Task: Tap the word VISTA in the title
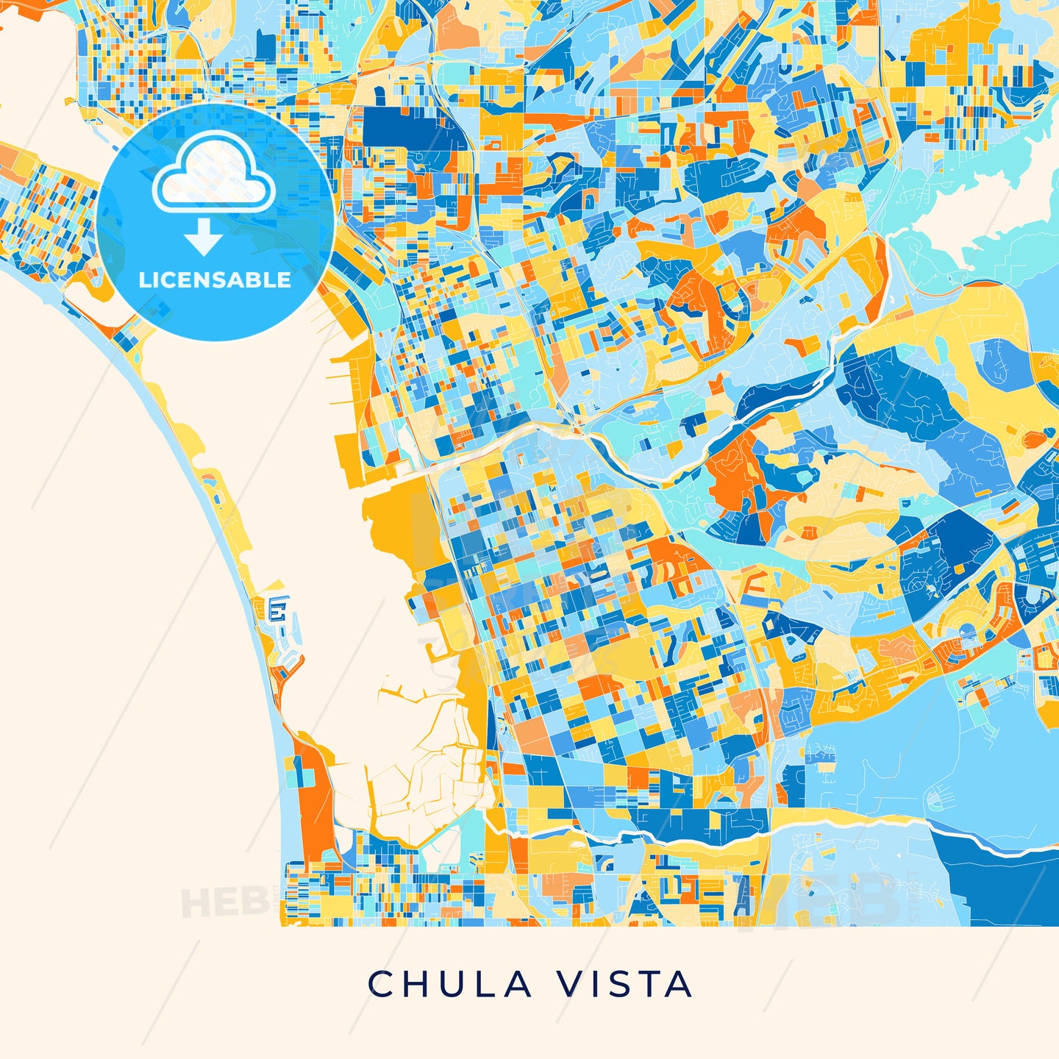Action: click(624, 984)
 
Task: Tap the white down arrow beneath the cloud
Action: click(203, 237)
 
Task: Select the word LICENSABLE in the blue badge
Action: click(215, 280)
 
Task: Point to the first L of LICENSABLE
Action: click(143, 280)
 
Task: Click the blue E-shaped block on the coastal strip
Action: click(278, 610)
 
